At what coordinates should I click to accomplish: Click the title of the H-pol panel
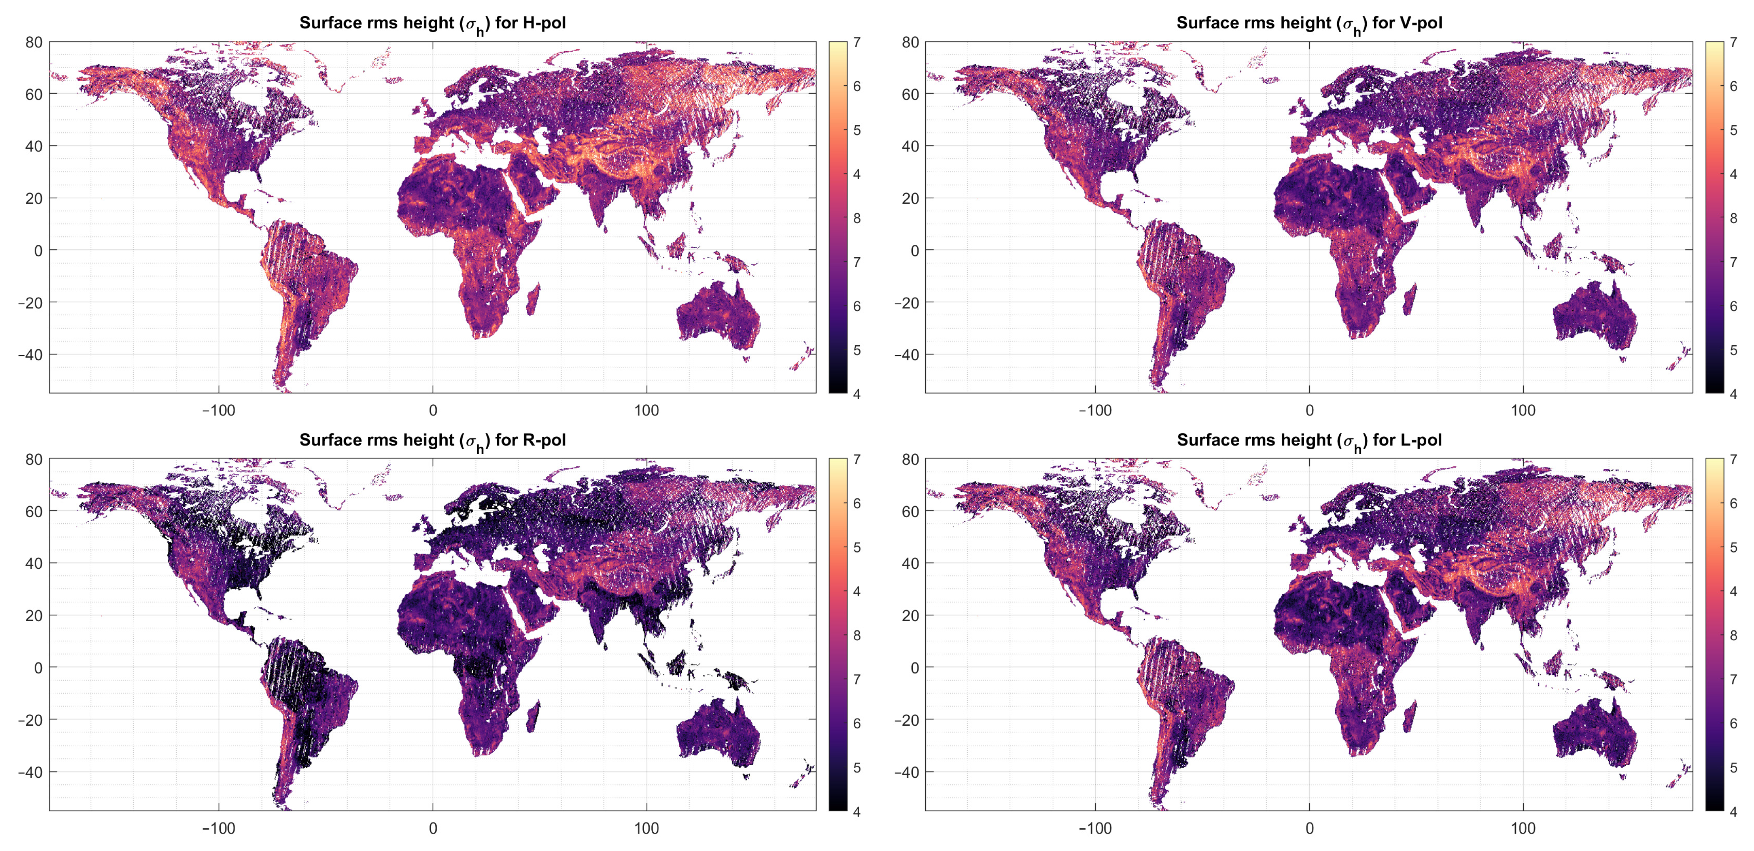(x=432, y=23)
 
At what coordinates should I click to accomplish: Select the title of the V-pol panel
(x=1309, y=23)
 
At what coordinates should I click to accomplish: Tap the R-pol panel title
(x=432, y=440)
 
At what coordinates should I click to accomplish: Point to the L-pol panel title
(x=1309, y=440)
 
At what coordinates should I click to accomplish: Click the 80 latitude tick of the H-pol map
(x=34, y=42)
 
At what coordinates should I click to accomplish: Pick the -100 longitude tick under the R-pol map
(x=219, y=829)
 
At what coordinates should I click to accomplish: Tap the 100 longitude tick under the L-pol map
(x=1523, y=829)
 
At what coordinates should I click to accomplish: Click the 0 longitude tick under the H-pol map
(x=433, y=411)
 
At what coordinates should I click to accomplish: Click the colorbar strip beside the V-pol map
(x=1714, y=218)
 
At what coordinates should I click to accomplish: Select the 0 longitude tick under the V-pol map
(x=1309, y=411)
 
